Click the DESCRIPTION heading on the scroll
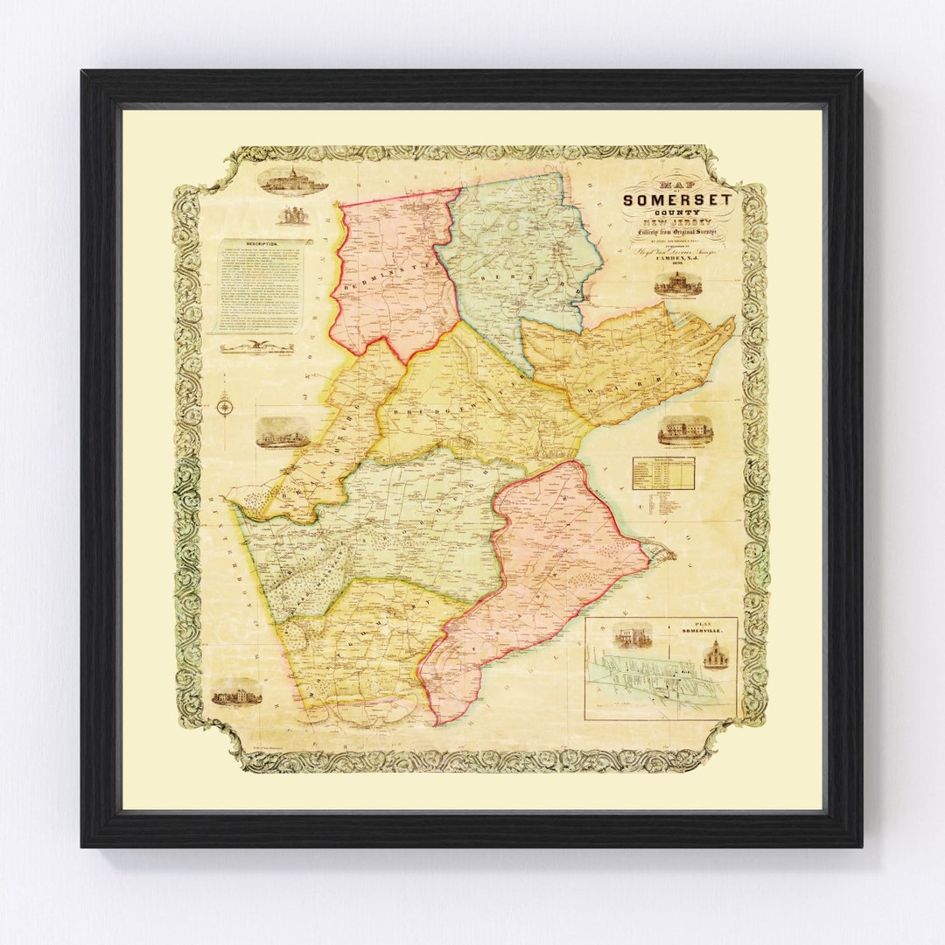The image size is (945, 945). [x=262, y=245]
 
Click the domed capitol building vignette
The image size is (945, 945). [x=292, y=179]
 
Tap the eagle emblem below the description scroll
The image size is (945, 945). [x=256, y=347]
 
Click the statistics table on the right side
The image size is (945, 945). [x=662, y=472]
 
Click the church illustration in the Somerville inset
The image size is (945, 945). [x=715, y=654]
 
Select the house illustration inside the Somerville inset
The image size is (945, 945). [x=632, y=636]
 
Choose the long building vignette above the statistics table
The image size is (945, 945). [x=684, y=430]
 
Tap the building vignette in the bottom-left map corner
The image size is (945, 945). [x=236, y=696]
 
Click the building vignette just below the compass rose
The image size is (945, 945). [x=282, y=432]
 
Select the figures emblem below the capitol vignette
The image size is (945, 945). [x=292, y=214]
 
